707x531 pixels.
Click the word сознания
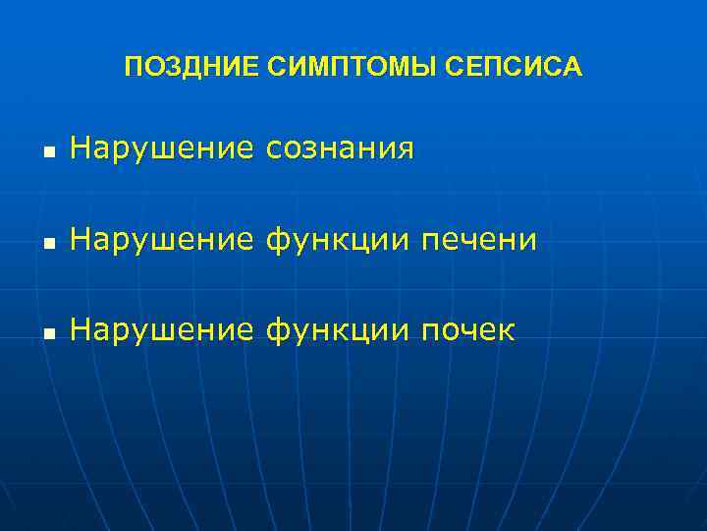tap(341, 148)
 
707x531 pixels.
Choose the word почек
tap(467, 329)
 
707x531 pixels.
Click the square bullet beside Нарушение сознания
tap(48, 152)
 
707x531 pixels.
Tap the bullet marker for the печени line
tap(48, 243)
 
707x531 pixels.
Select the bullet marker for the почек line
tap(48, 333)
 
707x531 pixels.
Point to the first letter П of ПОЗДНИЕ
tap(134, 67)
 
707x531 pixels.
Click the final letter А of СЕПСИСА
tap(573, 67)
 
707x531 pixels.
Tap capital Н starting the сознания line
tap(80, 148)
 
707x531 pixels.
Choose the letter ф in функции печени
tap(278, 239)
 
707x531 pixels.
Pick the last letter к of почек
tap(506, 331)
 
